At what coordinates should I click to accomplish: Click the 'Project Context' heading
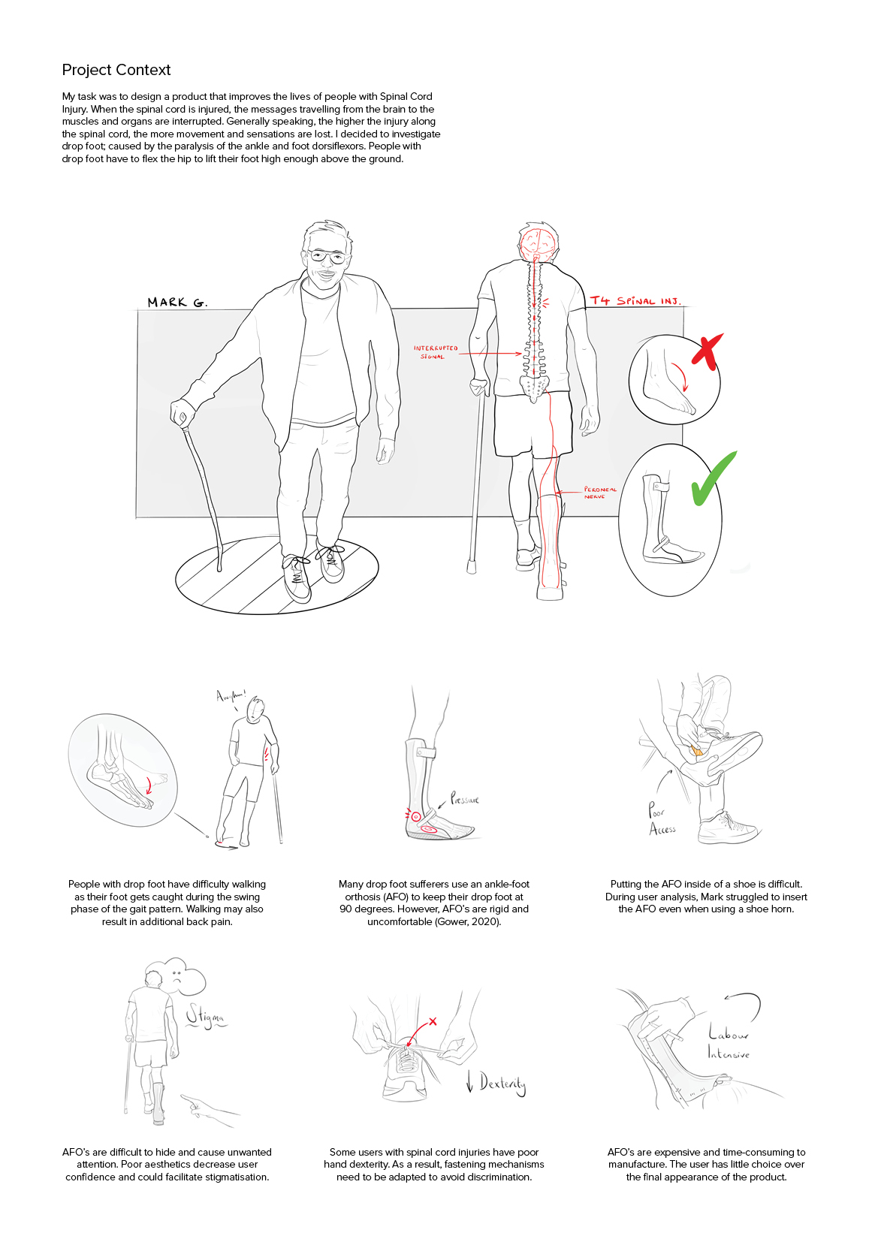[x=116, y=70]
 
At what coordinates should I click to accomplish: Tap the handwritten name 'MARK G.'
[x=177, y=303]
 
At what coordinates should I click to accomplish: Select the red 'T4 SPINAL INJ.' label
[x=635, y=301]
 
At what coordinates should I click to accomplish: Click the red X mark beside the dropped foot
[x=706, y=351]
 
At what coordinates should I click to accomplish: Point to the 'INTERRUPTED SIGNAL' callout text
[x=435, y=352]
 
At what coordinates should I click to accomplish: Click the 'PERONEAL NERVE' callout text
[x=599, y=493]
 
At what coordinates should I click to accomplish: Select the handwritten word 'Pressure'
[x=465, y=799]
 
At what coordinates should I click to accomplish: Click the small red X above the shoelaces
[x=433, y=1022]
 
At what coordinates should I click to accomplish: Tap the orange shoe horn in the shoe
[x=697, y=751]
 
